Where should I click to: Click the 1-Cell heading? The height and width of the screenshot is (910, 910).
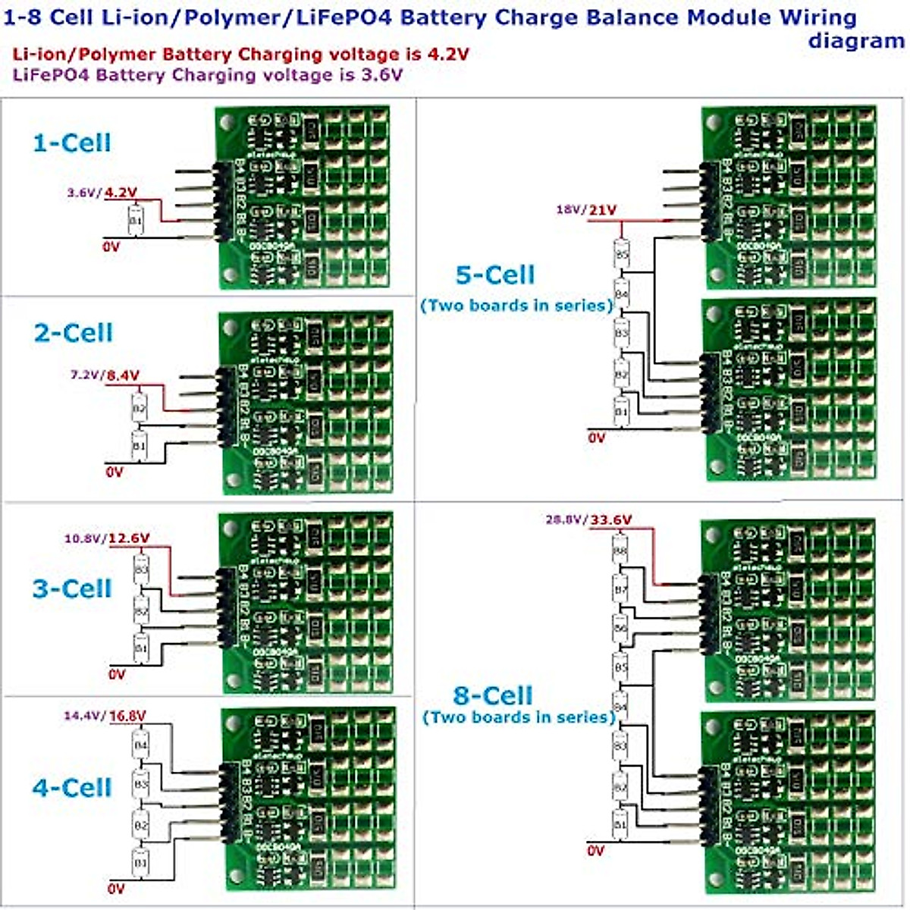pyautogui.click(x=72, y=143)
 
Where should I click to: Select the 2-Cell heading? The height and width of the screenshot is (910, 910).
pyautogui.click(x=73, y=333)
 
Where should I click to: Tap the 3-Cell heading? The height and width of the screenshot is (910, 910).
pyautogui.click(x=72, y=588)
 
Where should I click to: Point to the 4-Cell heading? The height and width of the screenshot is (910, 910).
pyautogui.click(x=72, y=787)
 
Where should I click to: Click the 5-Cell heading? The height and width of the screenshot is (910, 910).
pyautogui.click(x=495, y=275)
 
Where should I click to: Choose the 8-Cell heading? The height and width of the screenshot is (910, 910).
pyautogui.click(x=493, y=695)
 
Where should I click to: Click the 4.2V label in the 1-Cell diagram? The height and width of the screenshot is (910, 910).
pyautogui.click(x=121, y=193)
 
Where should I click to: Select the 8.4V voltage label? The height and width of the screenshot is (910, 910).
pyautogui.click(x=123, y=375)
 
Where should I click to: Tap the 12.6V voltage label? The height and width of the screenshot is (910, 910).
pyautogui.click(x=129, y=539)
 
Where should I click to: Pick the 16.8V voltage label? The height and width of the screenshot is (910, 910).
pyautogui.click(x=127, y=716)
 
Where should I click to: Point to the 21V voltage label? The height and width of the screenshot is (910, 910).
pyautogui.click(x=603, y=210)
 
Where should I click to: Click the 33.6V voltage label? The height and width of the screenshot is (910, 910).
pyautogui.click(x=610, y=520)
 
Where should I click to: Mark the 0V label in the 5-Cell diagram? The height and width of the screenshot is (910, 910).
pyautogui.click(x=597, y=438)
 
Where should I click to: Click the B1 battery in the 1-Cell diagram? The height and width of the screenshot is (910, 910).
pyautogui.click(x=135, y=221)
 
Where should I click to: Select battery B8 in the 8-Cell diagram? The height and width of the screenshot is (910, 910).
pyautogui.click(x=620, y=551)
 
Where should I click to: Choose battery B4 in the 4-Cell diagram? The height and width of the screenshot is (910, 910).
pyautogui.click(x=140, y=745)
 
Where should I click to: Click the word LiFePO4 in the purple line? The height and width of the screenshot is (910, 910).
pyautogui.click(x=47, y=75)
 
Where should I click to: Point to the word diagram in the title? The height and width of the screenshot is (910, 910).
pyautogui.click(x=855, y=40)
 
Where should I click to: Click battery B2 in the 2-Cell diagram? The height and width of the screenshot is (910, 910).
pyautogui.click(x=139, y=409)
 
